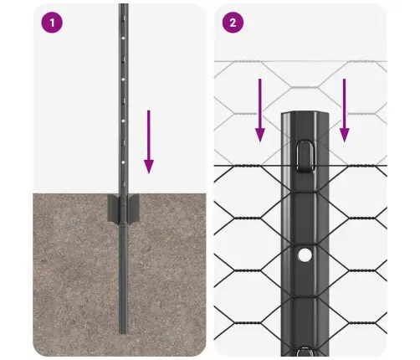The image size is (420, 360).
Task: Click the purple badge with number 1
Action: [53, 23]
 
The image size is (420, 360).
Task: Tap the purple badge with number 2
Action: [232, 23]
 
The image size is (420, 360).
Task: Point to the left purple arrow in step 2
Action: [260, 108]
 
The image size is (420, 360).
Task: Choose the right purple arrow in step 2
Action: [344, 108]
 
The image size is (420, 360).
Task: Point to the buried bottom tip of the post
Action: [123, 332]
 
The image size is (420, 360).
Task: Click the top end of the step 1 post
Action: [123, 7]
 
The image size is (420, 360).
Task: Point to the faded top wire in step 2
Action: [251, 63]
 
